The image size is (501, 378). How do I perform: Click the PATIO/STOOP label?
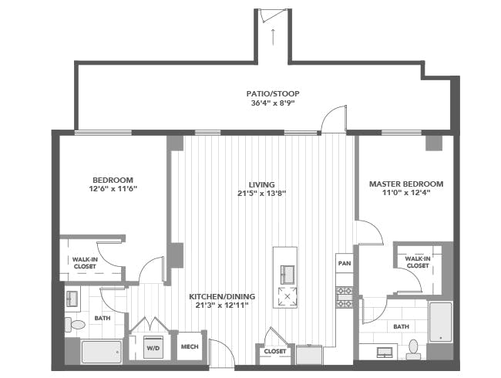pyautogui.click(x=273, y=93)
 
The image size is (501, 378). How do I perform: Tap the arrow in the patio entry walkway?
pyautogui.click(x=273, y=37)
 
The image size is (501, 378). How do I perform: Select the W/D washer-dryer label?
pyautogui.click(x=153, y=348)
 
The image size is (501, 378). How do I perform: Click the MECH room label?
pyautogui.click(x=190, y=346)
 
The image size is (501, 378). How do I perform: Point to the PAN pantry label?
pyautogui.click(x=345, y=263)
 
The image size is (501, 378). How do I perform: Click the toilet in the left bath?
pyautogui.click(x=75, y=325)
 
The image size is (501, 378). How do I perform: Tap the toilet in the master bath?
pyautogui.click(x=413, y=349)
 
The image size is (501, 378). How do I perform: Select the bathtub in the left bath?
pyautogui.click(x=102, y=352)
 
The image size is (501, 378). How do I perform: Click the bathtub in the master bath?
pyautogui.click(x=441, y=322)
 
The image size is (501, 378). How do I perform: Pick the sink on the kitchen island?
pyautogui.click(x=287, y=275)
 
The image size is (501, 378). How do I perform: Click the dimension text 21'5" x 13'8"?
pyautogui.click(x=262, y=194)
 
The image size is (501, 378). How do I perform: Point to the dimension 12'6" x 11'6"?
pyautogui.click(x=113, y=189)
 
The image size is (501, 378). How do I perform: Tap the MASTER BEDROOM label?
pyautogui.click(x=406, y=184)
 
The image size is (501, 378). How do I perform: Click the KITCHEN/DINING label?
pyautogui.click(x=222, y=296)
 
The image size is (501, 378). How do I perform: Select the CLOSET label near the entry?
pyautogui.click(x=275, y=351)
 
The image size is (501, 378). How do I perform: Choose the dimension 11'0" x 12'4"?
pyautogui.click(x=406, y=193)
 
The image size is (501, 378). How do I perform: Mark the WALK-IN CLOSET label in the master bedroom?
pyautogui.click(x=418, y=262)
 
